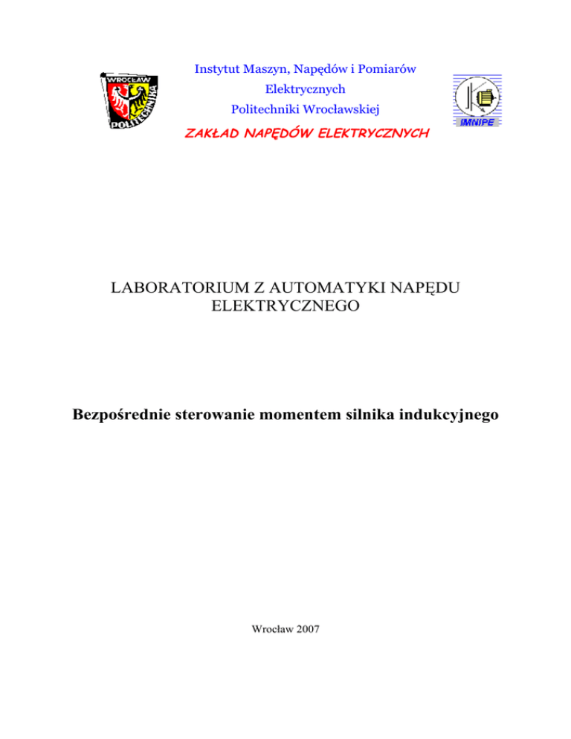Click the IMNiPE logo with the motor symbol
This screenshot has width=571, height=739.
(477, 102)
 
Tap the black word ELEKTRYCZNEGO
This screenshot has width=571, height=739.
(285, 306)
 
